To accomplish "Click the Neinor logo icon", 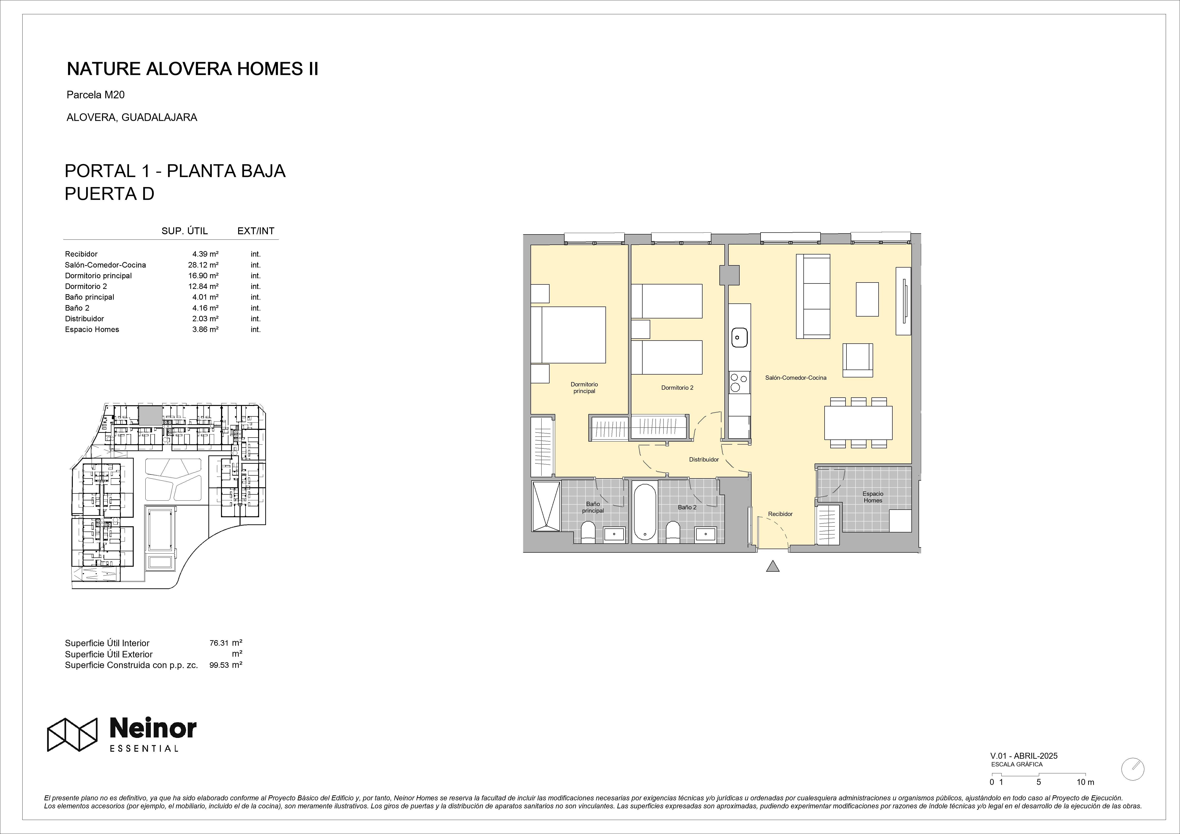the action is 73,734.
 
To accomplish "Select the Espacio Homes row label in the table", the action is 92,329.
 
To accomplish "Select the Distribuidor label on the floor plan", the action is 703,459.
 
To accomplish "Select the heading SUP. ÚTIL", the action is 185,231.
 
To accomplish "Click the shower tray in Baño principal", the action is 546,506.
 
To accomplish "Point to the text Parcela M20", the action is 96,95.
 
